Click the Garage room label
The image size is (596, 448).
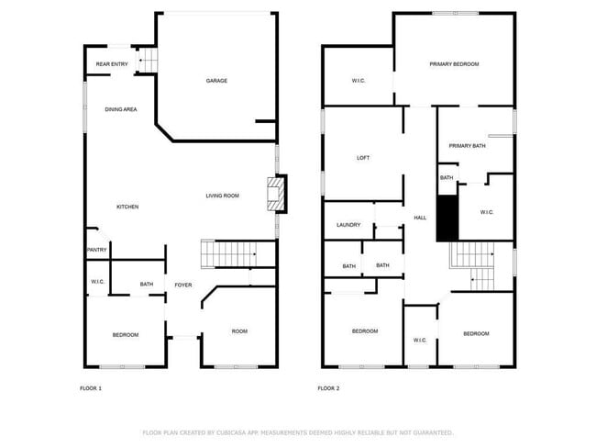[x=216, y=81]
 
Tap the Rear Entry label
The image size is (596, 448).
[x=111, y=64]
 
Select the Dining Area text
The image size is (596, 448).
[x=121, y=109]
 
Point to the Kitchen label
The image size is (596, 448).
[x=127, y=207]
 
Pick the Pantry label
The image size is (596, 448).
[x=97, y=250]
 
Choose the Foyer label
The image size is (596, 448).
[x=183, y=286]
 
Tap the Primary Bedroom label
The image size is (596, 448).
[x=455, y=64]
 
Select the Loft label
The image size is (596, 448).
[x=363, y=158]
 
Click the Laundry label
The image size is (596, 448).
[x=348, y=225]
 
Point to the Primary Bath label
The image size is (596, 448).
[x=467, y=146]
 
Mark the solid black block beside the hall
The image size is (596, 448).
[x=447, y=218]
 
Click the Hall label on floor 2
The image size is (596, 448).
[x=420, y=218]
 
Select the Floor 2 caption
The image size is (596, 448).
[x=328, y=388]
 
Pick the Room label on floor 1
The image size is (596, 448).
[x=239, y=331]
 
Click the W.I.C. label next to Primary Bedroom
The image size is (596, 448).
[x=359, y=81]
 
